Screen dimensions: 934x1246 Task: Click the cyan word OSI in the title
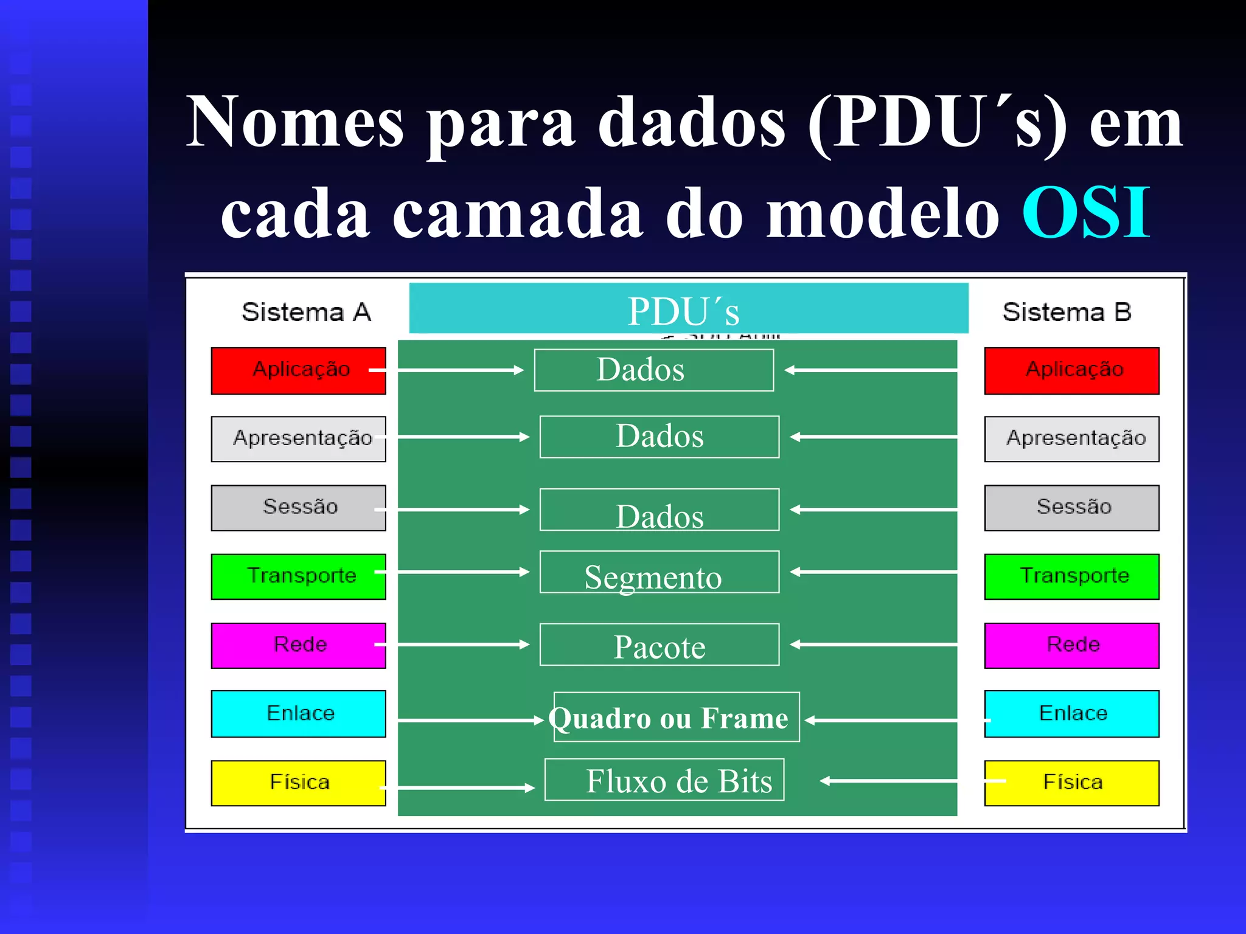(x=1086, y=213)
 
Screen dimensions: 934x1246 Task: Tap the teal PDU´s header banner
(x=688, y=308)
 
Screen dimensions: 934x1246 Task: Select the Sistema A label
(x=306, y=312)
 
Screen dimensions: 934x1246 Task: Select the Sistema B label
(x=1067, y=312)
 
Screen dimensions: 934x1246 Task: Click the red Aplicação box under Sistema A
(x=298, y=370)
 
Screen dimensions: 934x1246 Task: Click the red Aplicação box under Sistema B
(x=1071, y=370)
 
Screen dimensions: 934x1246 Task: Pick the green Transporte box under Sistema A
(x=298, y=576)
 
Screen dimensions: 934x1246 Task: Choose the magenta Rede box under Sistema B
(x=1071, y=645)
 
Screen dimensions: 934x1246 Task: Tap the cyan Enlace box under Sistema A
(x=298, y=713)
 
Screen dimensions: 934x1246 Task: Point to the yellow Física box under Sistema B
(x=1071, y=783)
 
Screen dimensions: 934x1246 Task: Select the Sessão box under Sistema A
(x=298, y=508)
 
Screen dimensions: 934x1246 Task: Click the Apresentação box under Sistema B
(x=1071, y=438)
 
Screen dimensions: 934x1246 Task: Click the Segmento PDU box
(x=659, y=572)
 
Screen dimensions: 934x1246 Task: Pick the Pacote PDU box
(x=659, y=645)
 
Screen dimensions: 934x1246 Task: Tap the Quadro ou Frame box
(x=676, y=717)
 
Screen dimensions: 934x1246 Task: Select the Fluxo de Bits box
(x=664, y=780)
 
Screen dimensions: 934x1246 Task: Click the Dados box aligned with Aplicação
(x=653, y=370)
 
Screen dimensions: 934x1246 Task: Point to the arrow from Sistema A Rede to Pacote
(x=456, y=644)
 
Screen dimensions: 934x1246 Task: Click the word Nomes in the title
(x=294, y=122)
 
